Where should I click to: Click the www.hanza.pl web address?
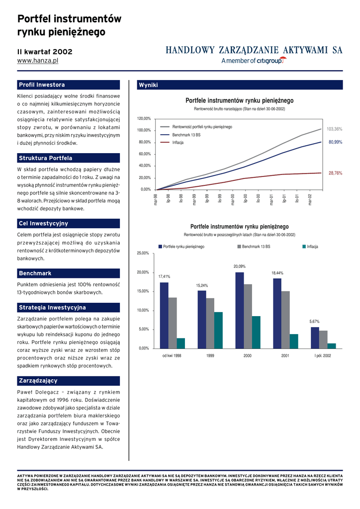pyautogui.click(x=38, y=61)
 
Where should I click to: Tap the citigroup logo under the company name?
pyautogui.click(x=254, y=61)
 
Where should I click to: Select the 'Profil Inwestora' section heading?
pyautogui.click(x=42, y=85)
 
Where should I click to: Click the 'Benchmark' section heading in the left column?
pyautogui.click(x=35, y=273)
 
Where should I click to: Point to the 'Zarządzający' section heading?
pyautogui.click(x=38, y=381)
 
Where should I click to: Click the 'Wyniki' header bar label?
pyautogui.click(x=148, y=85)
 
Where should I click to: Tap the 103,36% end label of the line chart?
pyautogui.click(x=334, y=129)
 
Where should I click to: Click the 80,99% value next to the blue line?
pyautogui.click(x=335, y=142)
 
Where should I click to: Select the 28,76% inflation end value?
pyautogui.click(x=335, y=173)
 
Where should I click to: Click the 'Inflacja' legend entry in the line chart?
pyautogui.click(x=178, y=143)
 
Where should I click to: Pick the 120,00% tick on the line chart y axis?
pyautogui.click(x=144, y=118)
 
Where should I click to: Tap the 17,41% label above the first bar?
pyautogui.click(x=164, y=276)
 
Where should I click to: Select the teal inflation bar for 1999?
pyautogui.click(x=218, y=330)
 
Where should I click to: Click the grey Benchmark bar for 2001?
pyautogui.click(x=285, y=320)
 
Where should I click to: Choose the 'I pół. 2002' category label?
pyautogui.click(x=323, y=356)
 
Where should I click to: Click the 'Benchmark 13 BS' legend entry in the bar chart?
pyautogui.click(x=256, y=247)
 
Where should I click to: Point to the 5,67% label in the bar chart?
pyautogui.click(x=314, y=322)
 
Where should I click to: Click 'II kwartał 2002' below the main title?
pyautogui.click(x=45, y=52)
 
